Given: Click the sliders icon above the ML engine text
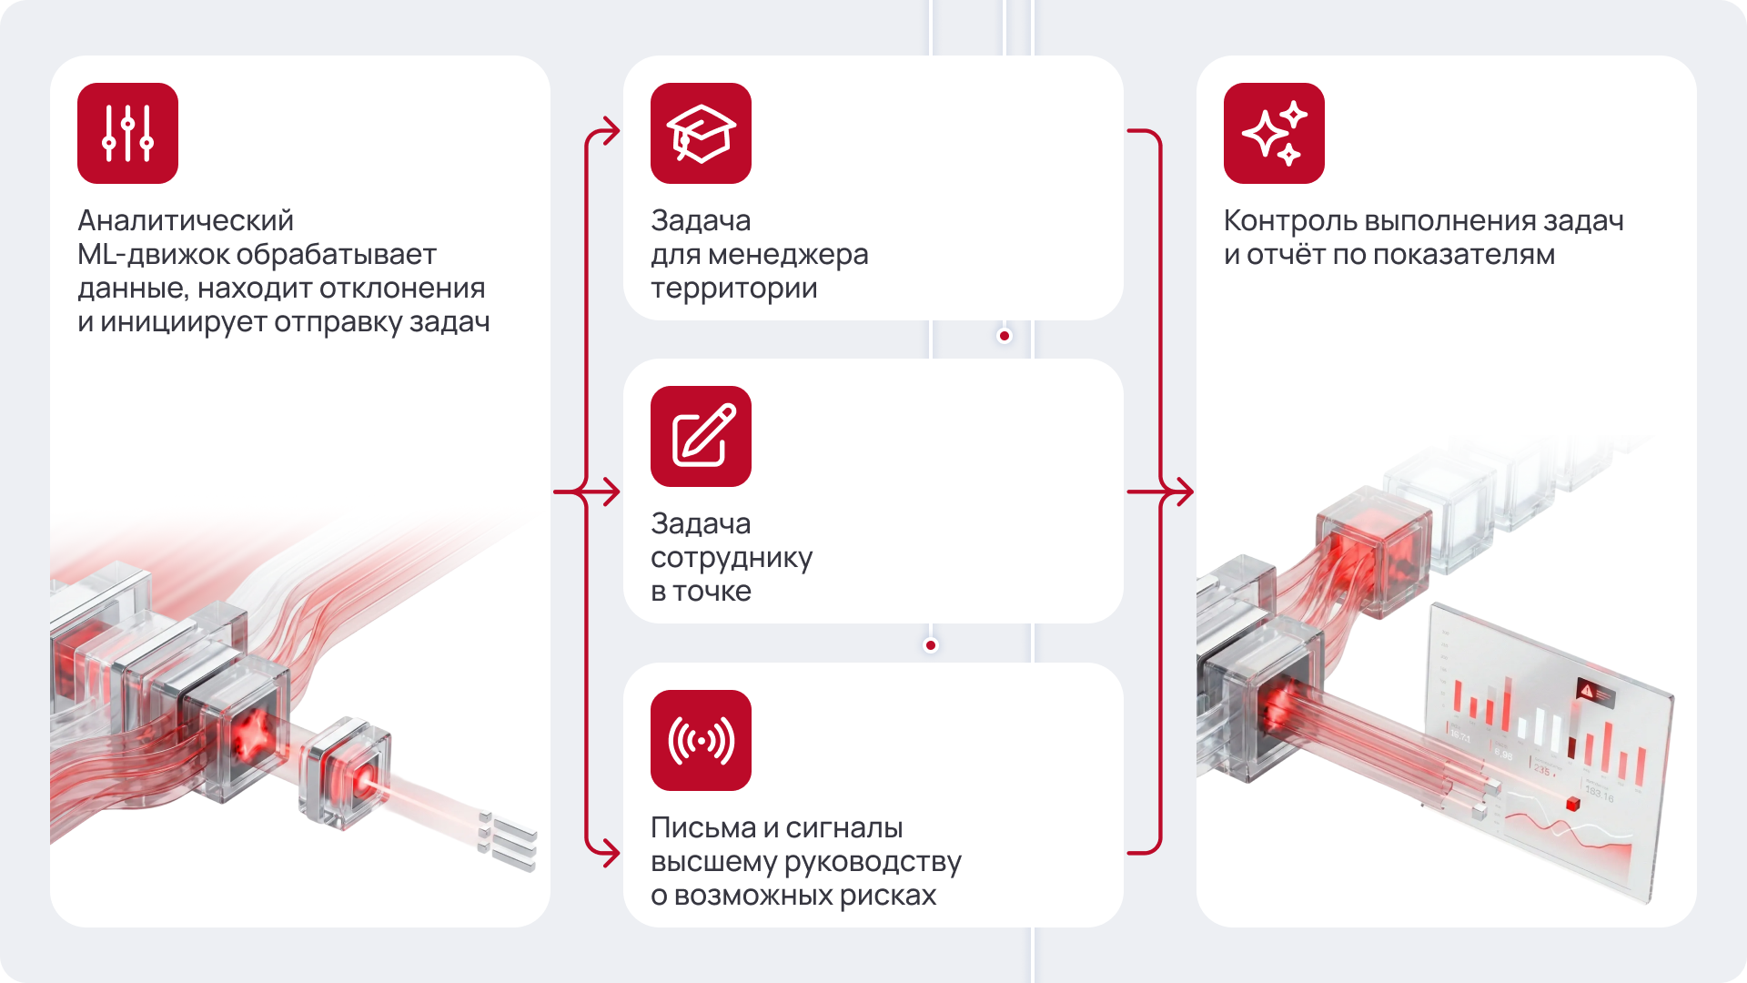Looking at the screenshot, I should (x=127, y=133).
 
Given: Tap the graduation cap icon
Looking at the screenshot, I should (x=701, y=133).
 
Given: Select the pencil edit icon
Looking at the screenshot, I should (x=701, y=436).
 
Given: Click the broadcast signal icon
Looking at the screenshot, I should (x=701, y=740).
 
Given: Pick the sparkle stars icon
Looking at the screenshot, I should (x=1274, y=133).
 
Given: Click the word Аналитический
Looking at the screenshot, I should (x=186, y=220).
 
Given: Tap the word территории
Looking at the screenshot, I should (x=733, y=289).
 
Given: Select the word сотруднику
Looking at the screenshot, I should (x=732, y=557).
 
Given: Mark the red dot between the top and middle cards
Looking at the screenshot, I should (x=1005, y=336).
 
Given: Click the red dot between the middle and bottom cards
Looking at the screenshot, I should (x=930, y=645).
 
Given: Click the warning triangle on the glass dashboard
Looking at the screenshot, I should (x=1587, y=691).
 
